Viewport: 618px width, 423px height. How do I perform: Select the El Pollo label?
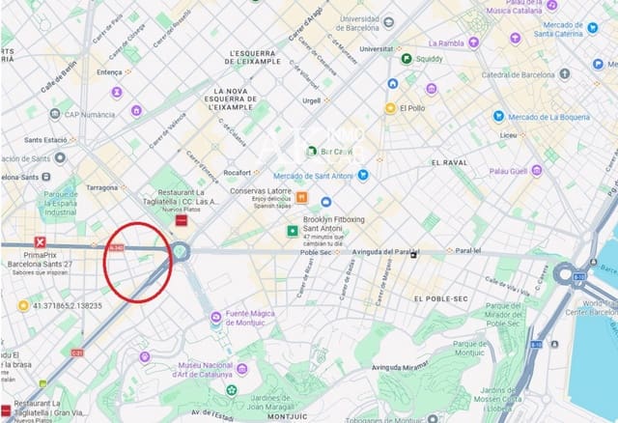pyautogui.click(x=412, y=108)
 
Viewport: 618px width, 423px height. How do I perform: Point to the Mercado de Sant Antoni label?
pyautogui.click(x=309, y=175)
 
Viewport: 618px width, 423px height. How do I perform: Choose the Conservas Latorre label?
pyautogui.click(x=261, y=190)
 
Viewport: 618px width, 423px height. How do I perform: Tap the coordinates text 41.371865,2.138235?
pyautogui.click(x=67, y=305)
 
